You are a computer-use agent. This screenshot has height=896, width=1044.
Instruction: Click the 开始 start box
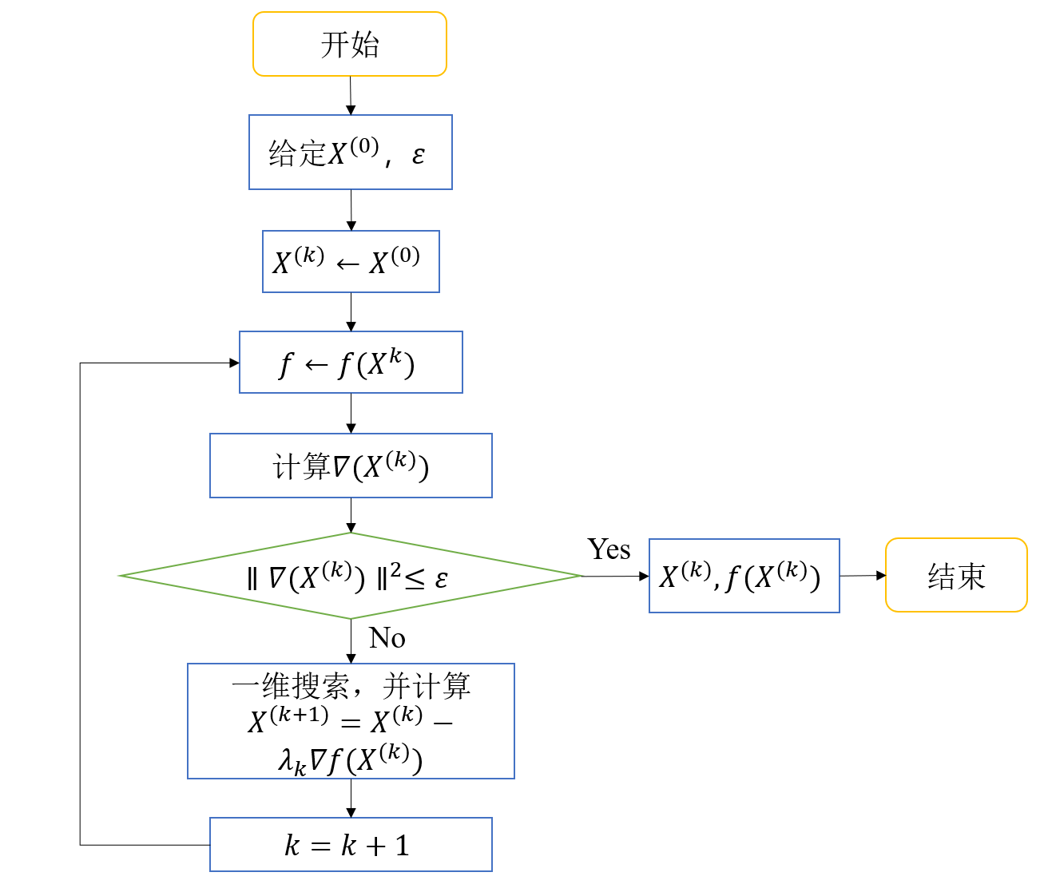[350, 45]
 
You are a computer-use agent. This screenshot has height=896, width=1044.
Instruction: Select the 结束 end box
[956, 575]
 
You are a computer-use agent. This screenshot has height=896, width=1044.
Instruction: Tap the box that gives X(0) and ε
[351, 153]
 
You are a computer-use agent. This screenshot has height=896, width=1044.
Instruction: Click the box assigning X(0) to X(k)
[351, 262]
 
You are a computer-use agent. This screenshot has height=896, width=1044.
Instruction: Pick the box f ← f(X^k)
[351, 363]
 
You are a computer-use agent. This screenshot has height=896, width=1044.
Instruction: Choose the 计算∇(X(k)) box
[351, 466]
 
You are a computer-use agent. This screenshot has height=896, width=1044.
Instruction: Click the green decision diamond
[351, 576]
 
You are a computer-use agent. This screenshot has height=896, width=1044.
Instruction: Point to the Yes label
[609, 549]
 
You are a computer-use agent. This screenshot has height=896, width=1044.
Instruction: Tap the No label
[387, 638]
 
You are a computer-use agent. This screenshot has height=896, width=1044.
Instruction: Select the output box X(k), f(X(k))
[744, 576]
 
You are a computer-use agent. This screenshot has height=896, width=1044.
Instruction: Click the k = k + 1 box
[351, 844]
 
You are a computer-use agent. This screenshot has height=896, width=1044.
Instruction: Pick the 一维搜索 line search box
[351, 720]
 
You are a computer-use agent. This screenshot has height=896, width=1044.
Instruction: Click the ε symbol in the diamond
[442, 578]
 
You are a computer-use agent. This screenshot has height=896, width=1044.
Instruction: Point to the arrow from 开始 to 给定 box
[351, 96]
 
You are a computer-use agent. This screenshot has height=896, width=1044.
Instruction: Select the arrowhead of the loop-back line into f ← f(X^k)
[234, 363]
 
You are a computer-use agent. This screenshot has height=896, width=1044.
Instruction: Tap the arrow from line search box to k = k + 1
[351, 798]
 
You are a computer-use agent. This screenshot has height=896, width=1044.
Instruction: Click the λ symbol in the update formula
[286, 759]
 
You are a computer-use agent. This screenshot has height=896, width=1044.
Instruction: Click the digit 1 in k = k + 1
[402, 845]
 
